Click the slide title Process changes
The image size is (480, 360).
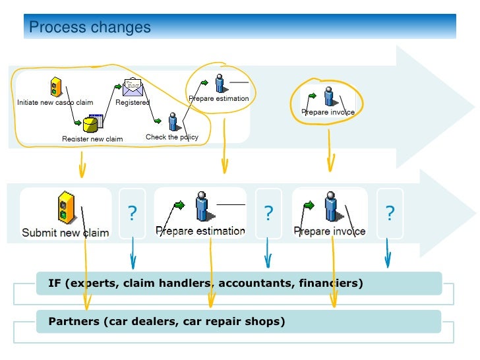pyautogui.click(x=90, y=28)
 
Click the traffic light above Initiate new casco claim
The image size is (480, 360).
pyautogui.click(x=57, y=86)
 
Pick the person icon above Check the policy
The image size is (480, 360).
pyautogui.click(x=173, y=121)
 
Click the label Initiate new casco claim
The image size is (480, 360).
pyautogui.click(x=55, y=102)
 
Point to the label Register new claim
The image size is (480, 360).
pyautogui.click(x=92, y=139)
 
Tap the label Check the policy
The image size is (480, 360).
pyautogui.click(x=171, y=137)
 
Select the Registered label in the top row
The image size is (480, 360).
pyautogui.click(x=133, y=102)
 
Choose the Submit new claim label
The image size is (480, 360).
pyautogui.click(x=65, y=232)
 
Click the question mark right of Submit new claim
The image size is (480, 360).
pyautogui.click(x=132, y=214)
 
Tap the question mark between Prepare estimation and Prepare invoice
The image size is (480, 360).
pyautogui.click(x=268, y=214)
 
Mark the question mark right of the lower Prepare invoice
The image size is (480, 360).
pyautogui.click(x=390, y=214)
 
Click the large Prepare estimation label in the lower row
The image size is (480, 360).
pyautogui.click(x=200, y=231)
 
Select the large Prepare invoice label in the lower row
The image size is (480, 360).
pyautogui.click(x=329, y=231)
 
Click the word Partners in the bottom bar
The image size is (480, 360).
pyautogui.click(x=69, y=322)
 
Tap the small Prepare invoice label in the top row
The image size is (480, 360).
pyautogui.click(x=328, y=112)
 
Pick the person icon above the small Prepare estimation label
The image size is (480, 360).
pyautogui.click(x=220, y=84)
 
